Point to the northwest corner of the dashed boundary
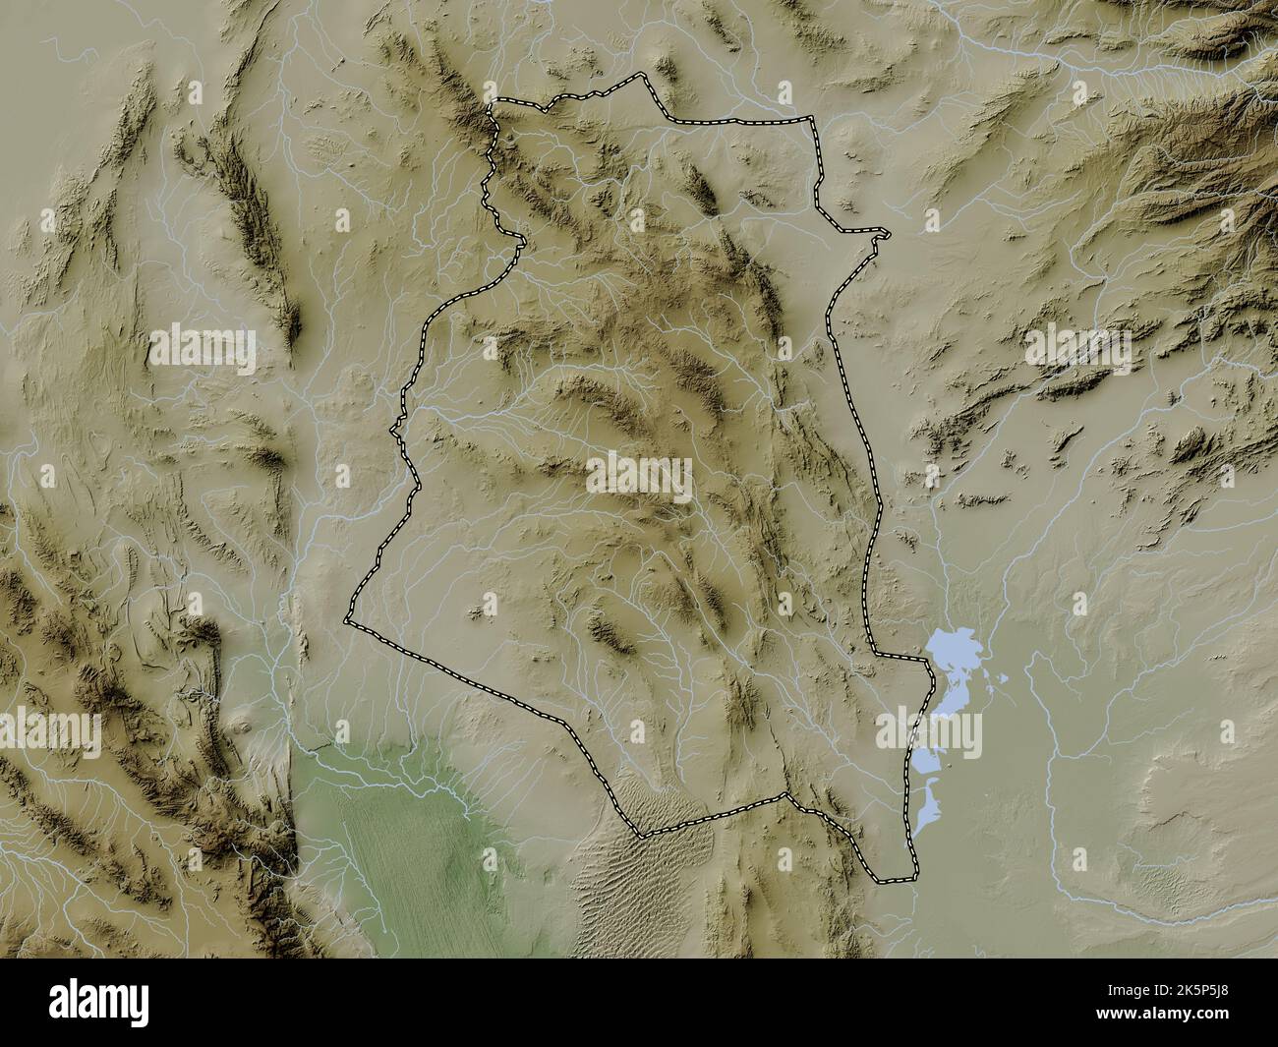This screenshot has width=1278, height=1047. pyautogui.click(x=494, y=100)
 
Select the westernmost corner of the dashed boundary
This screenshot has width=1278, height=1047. pyautogui.click(x=346, y=621)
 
